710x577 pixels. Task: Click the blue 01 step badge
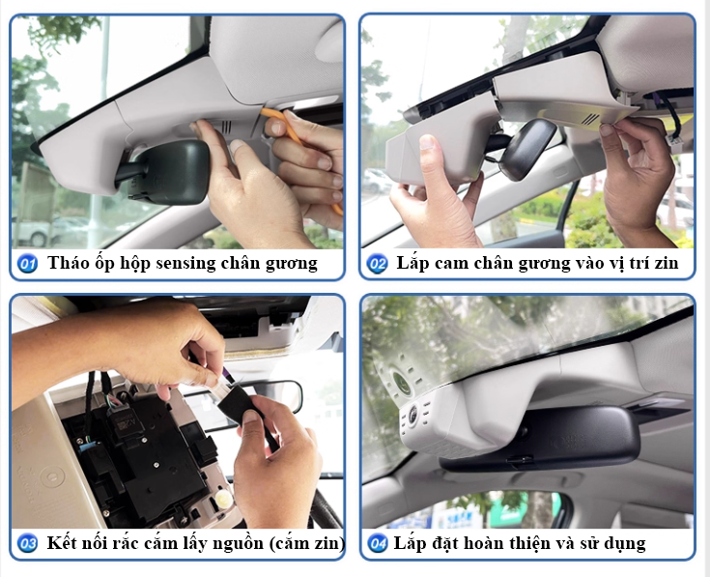[28, 263]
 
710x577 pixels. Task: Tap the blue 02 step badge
[378, 263]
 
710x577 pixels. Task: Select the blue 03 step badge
[28, 543]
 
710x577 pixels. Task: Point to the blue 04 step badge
[378, 543]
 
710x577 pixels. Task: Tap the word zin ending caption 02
[665, 263]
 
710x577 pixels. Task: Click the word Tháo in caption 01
[67, 263]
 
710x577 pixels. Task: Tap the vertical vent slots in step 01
[226, 127]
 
